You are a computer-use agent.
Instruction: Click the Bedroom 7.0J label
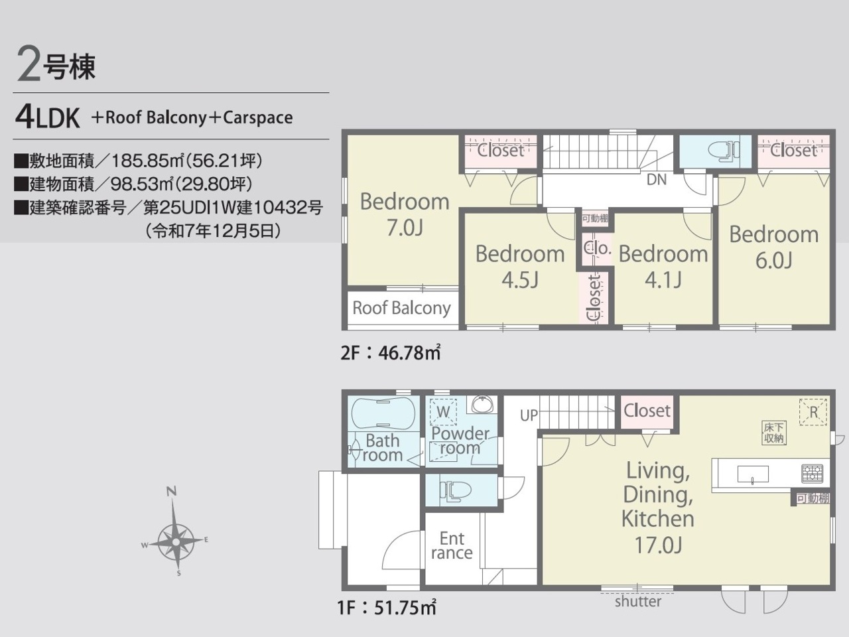tap(405, 214)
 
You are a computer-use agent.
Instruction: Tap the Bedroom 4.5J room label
tap(520, 267)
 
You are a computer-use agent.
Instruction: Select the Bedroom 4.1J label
tap(663, 267)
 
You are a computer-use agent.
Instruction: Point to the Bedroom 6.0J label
tap(774, 247)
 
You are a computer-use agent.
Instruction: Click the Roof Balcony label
tap(401, 309)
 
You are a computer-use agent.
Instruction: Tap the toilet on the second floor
tap(724, 150)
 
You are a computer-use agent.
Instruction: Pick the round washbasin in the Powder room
tap(482, 405)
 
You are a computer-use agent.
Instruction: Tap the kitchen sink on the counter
tap(753, 474)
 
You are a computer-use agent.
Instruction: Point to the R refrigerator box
tap(813, 412)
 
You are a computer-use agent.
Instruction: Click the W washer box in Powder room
tap(443, 412)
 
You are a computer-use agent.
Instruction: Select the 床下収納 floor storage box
tap(773, 433)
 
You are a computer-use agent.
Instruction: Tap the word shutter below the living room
tap(638, 601)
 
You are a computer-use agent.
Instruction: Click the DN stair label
tap(657, 179)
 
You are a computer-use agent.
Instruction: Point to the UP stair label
tap(529, 415)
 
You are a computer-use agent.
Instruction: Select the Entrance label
tap(452, 545)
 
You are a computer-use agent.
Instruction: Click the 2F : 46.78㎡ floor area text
tap(391, 352)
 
